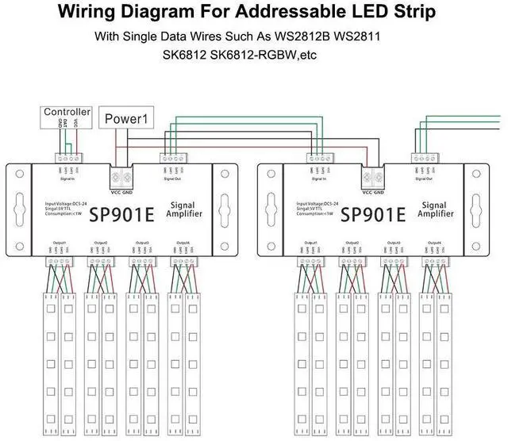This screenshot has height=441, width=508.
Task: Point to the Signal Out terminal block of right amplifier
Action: (x=425, y=158)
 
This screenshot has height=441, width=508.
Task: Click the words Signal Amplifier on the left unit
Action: (x=186, y=209)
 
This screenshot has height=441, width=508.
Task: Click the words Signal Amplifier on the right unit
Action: (x=436, y=209)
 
